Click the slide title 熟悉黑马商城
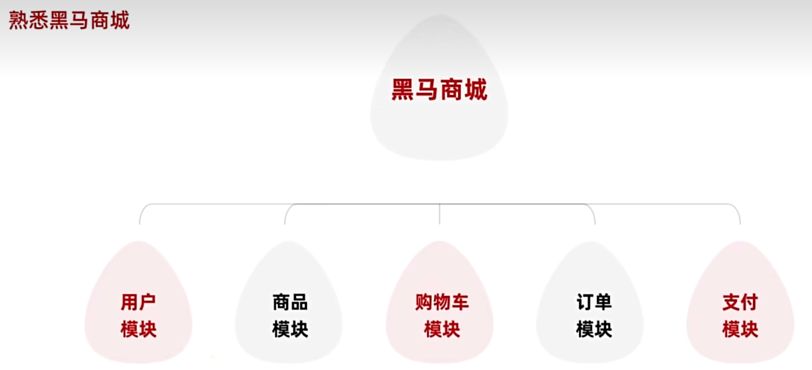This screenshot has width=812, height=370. coord(69,20)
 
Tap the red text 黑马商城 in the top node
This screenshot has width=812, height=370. coord(439,90)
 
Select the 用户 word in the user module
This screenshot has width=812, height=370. coord(138,302)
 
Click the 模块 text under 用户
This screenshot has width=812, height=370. coord(138,329)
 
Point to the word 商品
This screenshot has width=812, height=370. coord(290,302)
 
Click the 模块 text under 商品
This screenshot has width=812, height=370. coord(290,329)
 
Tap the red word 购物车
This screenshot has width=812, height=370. coord(442,302)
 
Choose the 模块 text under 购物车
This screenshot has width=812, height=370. coord(442,329)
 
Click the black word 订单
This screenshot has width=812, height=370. coord(594,302)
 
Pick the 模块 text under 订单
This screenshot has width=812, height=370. coord(594,329)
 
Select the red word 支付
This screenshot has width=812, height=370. coord(740,302)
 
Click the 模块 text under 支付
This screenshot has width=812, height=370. coord(740,329)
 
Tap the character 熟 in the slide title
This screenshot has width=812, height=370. coord(18,20)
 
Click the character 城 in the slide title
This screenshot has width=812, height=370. coord(120,20)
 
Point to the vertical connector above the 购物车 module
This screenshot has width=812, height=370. coord(439,215)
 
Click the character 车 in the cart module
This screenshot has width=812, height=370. coord(460,302)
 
